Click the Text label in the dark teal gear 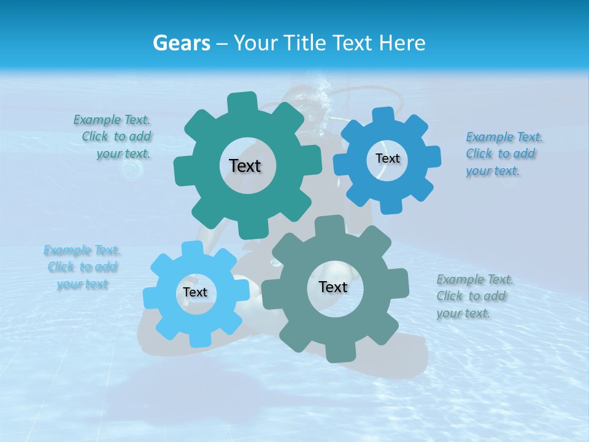pyautogui.click(x=245, y=166)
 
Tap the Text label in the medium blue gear pyautogui.click(x=387, y=158)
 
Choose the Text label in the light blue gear pyautogui.click(x=195, y=292)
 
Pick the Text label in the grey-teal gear pyautogui.click(x=333, y=287)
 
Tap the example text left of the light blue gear pyautogui.click(x=82, y=267)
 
